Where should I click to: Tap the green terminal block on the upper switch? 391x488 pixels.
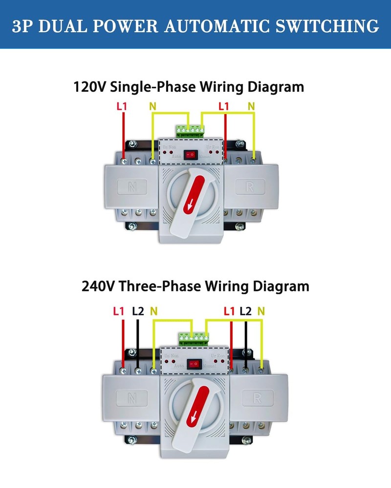coord(191,130)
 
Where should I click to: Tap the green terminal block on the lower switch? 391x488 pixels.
coord(194,338)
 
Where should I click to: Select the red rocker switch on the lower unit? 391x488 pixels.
coord(196,364)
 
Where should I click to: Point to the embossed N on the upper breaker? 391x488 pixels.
coord(132,186)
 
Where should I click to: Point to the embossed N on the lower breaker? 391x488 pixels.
coord(130,398)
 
